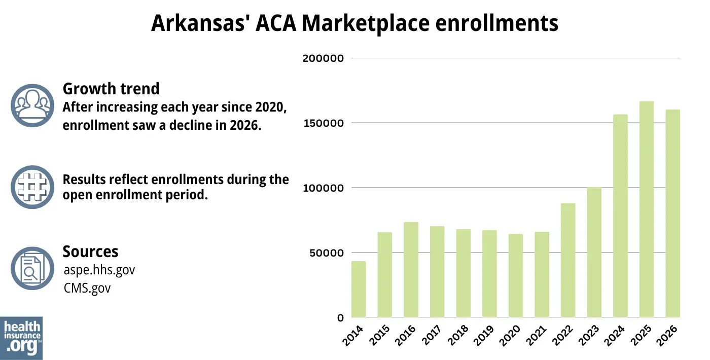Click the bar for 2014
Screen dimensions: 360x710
coord(359,290)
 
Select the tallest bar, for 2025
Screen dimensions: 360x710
coord(647,209)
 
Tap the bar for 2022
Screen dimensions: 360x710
coord(568,260)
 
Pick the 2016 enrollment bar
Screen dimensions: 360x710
coord(411,270)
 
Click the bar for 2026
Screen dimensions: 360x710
coord(672,213)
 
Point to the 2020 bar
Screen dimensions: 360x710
coord(516,276)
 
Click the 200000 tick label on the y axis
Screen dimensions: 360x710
coord(323,58)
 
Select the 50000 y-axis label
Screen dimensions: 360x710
coord(326,253)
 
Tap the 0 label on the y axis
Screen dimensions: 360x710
coord(340,318)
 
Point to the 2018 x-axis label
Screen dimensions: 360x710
coord(459,335)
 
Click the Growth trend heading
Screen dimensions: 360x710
coord(111,89)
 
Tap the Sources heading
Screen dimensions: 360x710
coord(90,251)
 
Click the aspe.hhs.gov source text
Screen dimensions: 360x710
coord(99,270)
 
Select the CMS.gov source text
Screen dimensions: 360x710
coord(87,288)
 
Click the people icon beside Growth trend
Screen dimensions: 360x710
coord(32,105)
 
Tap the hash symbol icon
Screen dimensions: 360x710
coord(32,187)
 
